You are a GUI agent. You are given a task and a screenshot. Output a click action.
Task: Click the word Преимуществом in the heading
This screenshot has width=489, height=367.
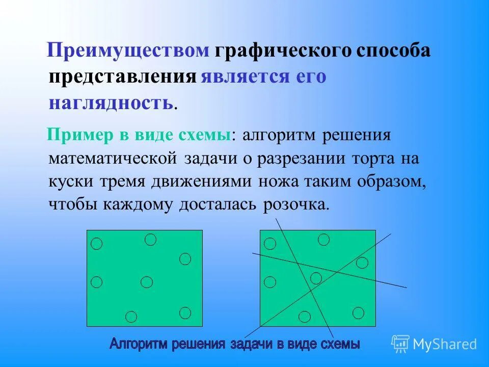click(128, 51)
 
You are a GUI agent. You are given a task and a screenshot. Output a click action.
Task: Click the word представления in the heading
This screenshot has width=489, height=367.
click(123, 77)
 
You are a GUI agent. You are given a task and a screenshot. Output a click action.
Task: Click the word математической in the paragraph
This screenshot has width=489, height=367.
click(113, 159)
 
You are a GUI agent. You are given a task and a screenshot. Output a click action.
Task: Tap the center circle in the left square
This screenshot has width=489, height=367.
click(147, 281)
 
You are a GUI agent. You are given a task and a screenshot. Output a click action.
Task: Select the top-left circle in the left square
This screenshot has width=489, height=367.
click(96, 244)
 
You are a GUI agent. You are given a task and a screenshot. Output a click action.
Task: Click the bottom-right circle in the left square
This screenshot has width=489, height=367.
click(185, 312)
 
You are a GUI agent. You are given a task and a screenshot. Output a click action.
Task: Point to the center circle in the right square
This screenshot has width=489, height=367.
click(316, 278)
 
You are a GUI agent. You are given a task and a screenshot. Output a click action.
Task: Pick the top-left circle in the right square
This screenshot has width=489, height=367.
click(270, 244)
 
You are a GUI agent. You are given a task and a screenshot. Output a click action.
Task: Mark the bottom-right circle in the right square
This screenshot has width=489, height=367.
click(358, 312)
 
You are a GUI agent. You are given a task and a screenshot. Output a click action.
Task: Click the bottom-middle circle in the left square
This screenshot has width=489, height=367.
click(131, 317)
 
